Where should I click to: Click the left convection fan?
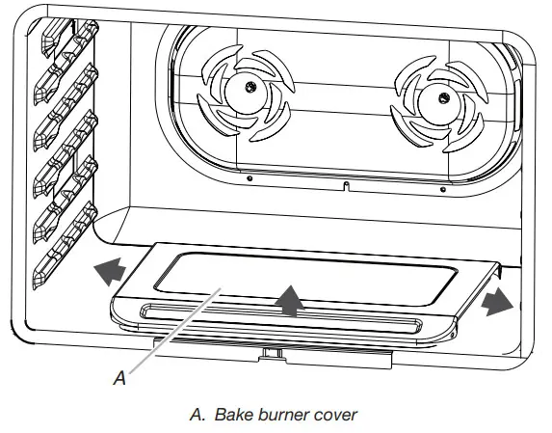tap(248, 91)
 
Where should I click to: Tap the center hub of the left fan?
tap(249, 89)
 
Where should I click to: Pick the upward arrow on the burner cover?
tap(287, 300)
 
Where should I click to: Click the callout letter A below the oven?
tap(119, 379)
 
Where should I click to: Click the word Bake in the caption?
tap(232, 415)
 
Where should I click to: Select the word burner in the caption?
tap(283, 415)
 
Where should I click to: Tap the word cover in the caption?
tap(336, 415)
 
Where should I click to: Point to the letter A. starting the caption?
tap(198, 415)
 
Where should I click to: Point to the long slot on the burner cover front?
tap(279, 314)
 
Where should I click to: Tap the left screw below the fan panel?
tap(249, 178)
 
